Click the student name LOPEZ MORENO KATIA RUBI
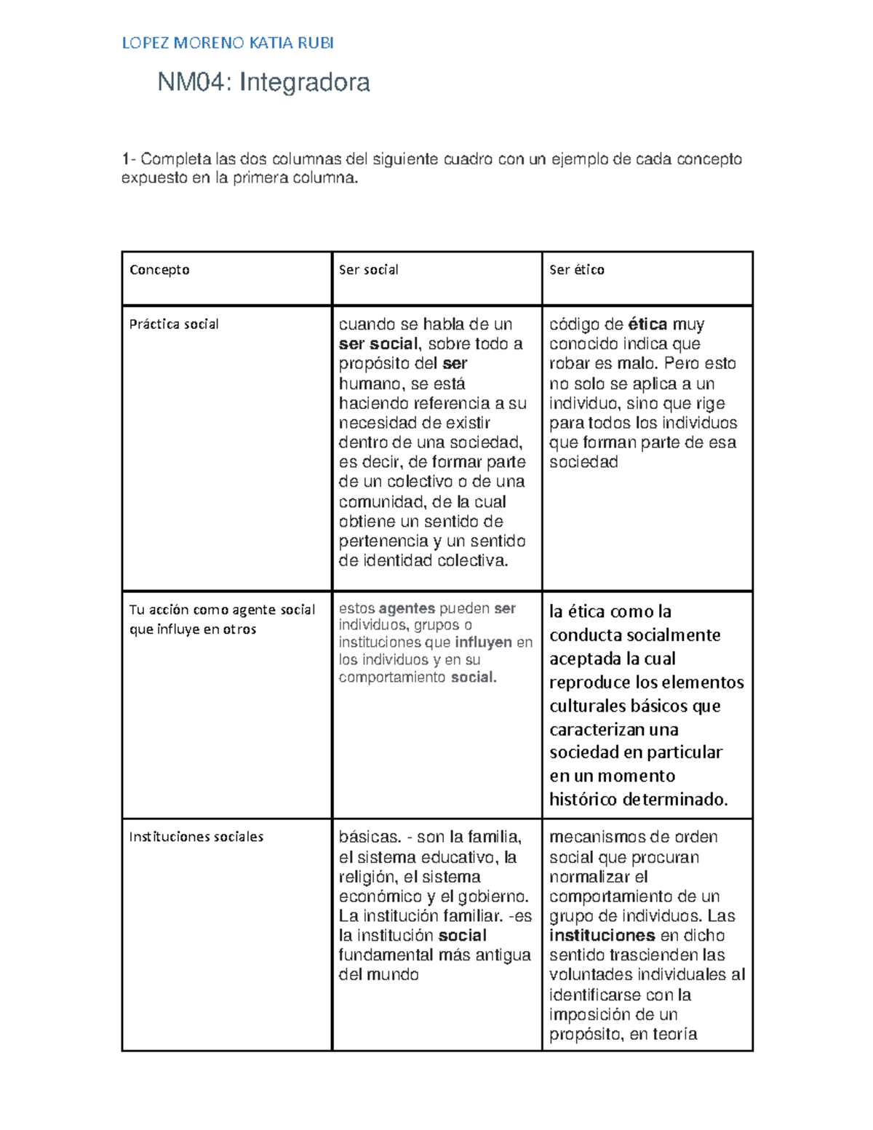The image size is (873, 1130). tap(228, 43)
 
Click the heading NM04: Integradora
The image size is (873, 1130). tap(263, 82)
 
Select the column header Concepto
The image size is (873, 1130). tap(159, 270)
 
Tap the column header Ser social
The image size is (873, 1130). tap(368, 270)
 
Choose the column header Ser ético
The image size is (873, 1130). tap(576, 270)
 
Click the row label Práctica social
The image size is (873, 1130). tap(174, 325)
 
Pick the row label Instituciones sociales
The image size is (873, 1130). tap(196, 837)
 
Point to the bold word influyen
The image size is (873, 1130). tap(483, 642)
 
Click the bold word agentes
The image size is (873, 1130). tap(407, 608)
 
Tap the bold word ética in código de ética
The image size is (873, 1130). tap(647, 325)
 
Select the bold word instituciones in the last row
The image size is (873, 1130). tap(602, 936)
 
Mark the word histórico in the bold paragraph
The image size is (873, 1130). tap(583, 800)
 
